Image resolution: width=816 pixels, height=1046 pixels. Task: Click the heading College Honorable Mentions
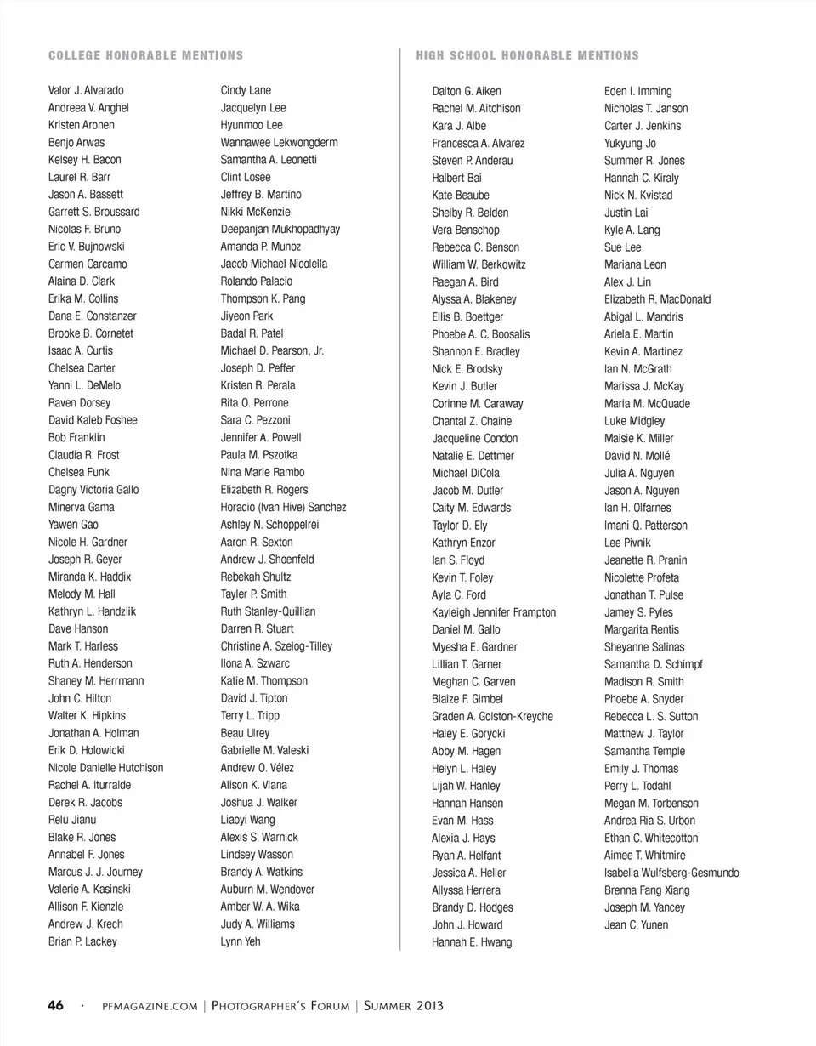[145, 55]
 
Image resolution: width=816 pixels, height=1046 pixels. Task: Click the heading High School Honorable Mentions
[527, 55]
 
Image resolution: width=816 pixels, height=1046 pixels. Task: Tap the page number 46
[55, 1006]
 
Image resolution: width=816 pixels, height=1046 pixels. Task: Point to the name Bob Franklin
[76, 437]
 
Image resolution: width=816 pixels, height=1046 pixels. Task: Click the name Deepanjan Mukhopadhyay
[280, 229]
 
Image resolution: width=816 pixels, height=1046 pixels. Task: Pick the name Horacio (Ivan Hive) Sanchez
[283, 507]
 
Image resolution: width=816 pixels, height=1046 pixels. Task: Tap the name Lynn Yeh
[241, 941]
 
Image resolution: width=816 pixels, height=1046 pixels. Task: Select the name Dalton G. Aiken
[467, 91]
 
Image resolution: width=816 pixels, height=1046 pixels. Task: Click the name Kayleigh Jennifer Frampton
[494, 612]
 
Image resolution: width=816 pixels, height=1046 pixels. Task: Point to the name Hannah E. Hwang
[472, 942]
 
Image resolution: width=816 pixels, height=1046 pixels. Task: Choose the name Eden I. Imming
[637, 91]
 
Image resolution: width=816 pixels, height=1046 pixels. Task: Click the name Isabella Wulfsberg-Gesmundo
[671, 873]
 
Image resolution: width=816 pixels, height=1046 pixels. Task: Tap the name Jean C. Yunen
[636, 924]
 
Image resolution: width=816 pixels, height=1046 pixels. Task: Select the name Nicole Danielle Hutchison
[106, 767]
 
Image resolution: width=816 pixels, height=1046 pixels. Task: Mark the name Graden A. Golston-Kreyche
[492, 716]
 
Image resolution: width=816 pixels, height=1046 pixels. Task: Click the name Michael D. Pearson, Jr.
[272, 350]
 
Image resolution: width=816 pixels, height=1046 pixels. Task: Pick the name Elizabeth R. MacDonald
[658, 299]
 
